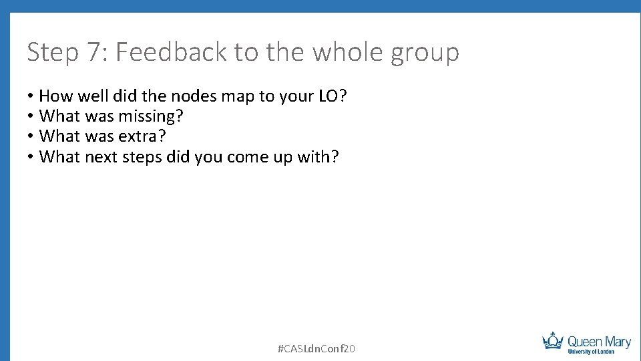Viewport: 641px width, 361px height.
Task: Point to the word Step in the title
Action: pyautogui.click(x=52, y=52)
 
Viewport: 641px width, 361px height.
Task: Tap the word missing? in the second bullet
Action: pyautogui.click(x=151, y=116)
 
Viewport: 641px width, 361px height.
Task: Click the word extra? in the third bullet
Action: pyautogui.click(x=142, y=136)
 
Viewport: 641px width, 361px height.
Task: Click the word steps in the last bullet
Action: pyautogui.click(x=143, y=158)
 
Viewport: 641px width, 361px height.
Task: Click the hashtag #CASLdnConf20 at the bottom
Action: pyautogui.click(x=316, y=348)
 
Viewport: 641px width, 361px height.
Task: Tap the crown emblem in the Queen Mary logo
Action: pyautogui.click(x=553, y=340)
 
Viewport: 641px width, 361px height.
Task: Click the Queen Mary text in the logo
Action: pyautogui.click(x=599, y=341)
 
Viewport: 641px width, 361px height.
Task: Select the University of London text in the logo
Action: pyautogui.click(x=591, y=352)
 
